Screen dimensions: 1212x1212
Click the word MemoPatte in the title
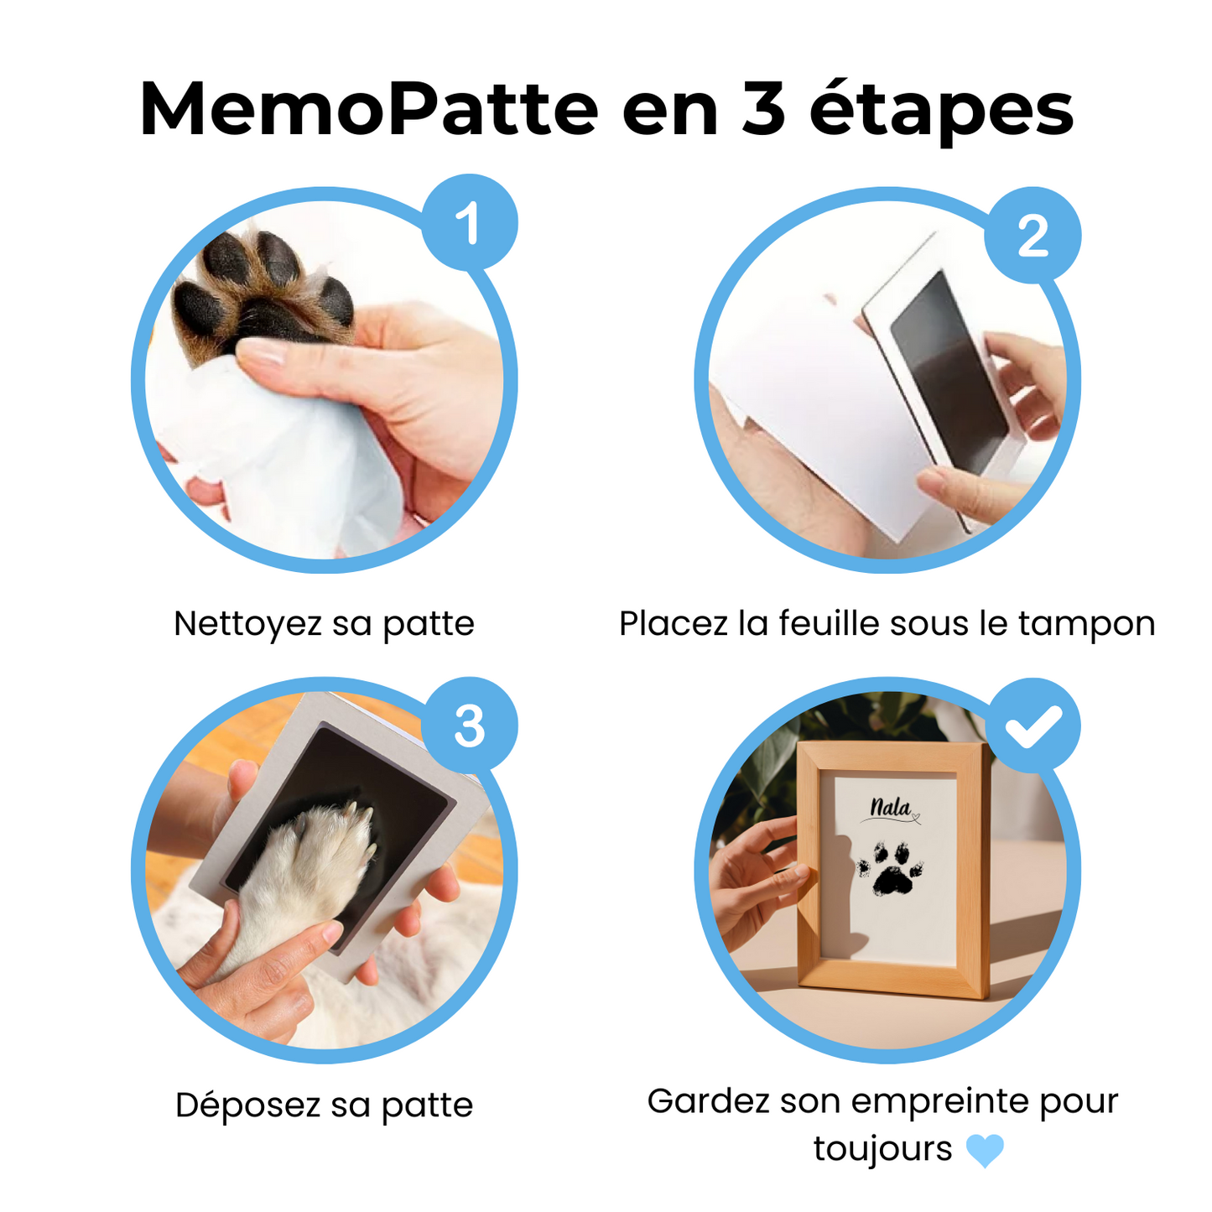(x=368, y=109)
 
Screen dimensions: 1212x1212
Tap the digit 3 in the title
(x=762, y=109)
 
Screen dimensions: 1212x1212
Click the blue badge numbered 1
(x=469, y=222)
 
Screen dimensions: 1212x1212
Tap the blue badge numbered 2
(x=1033, y=235)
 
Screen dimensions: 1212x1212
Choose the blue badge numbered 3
(x=469, y=726)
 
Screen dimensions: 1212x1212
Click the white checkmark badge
(x=1033, y=726)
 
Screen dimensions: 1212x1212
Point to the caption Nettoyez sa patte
(x=324, y=624)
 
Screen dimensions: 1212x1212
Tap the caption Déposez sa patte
(x=324, y=1105)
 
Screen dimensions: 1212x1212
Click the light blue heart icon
(x=984, y=1150)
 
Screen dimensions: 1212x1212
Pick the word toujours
(x=882, y=1148)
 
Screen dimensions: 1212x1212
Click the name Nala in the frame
(x=890, y=808)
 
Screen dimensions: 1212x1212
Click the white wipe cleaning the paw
(x=277, y=453)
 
